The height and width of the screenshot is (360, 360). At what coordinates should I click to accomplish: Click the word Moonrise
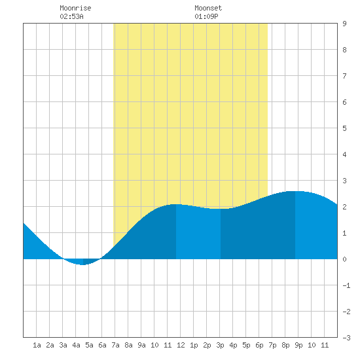tap(75, 8)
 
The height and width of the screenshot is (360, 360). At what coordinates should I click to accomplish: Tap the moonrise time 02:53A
tap(71, 16)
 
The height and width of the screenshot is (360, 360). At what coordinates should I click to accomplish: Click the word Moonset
tap(208, 8)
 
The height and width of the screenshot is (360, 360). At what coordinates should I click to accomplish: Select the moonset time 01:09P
tap(206, 16)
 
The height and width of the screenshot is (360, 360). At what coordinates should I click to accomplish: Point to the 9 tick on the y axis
tap(344, 24)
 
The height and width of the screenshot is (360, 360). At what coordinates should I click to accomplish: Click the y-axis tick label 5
tap(344, 128)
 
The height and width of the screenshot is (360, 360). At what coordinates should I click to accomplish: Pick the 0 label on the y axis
tap(344, 259)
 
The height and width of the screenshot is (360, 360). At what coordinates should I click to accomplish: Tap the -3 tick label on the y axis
tap(346, 338)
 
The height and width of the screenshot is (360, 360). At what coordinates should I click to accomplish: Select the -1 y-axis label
tap(346, 285)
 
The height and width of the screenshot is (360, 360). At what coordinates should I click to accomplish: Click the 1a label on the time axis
tap(37, 345)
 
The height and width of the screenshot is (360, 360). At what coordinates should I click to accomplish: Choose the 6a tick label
tap(102, 345)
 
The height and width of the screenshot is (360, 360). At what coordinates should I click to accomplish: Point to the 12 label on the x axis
tap(181, 345)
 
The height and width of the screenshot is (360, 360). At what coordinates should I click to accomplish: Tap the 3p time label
tap(220, 345)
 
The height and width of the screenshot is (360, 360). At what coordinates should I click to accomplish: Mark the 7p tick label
tap(272, 345)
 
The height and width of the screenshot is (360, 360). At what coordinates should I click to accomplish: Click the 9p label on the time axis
tap(298, 345)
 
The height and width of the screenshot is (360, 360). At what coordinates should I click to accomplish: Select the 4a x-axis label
tap(76, 345)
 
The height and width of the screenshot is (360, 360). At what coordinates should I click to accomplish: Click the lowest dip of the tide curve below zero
tap(83, 264)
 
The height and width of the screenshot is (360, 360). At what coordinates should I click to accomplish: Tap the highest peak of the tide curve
tap(295, 191)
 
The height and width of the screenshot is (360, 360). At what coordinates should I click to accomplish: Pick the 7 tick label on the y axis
tap(344, 76)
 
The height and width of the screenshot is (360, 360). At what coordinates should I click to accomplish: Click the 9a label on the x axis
tap(141, 345)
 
